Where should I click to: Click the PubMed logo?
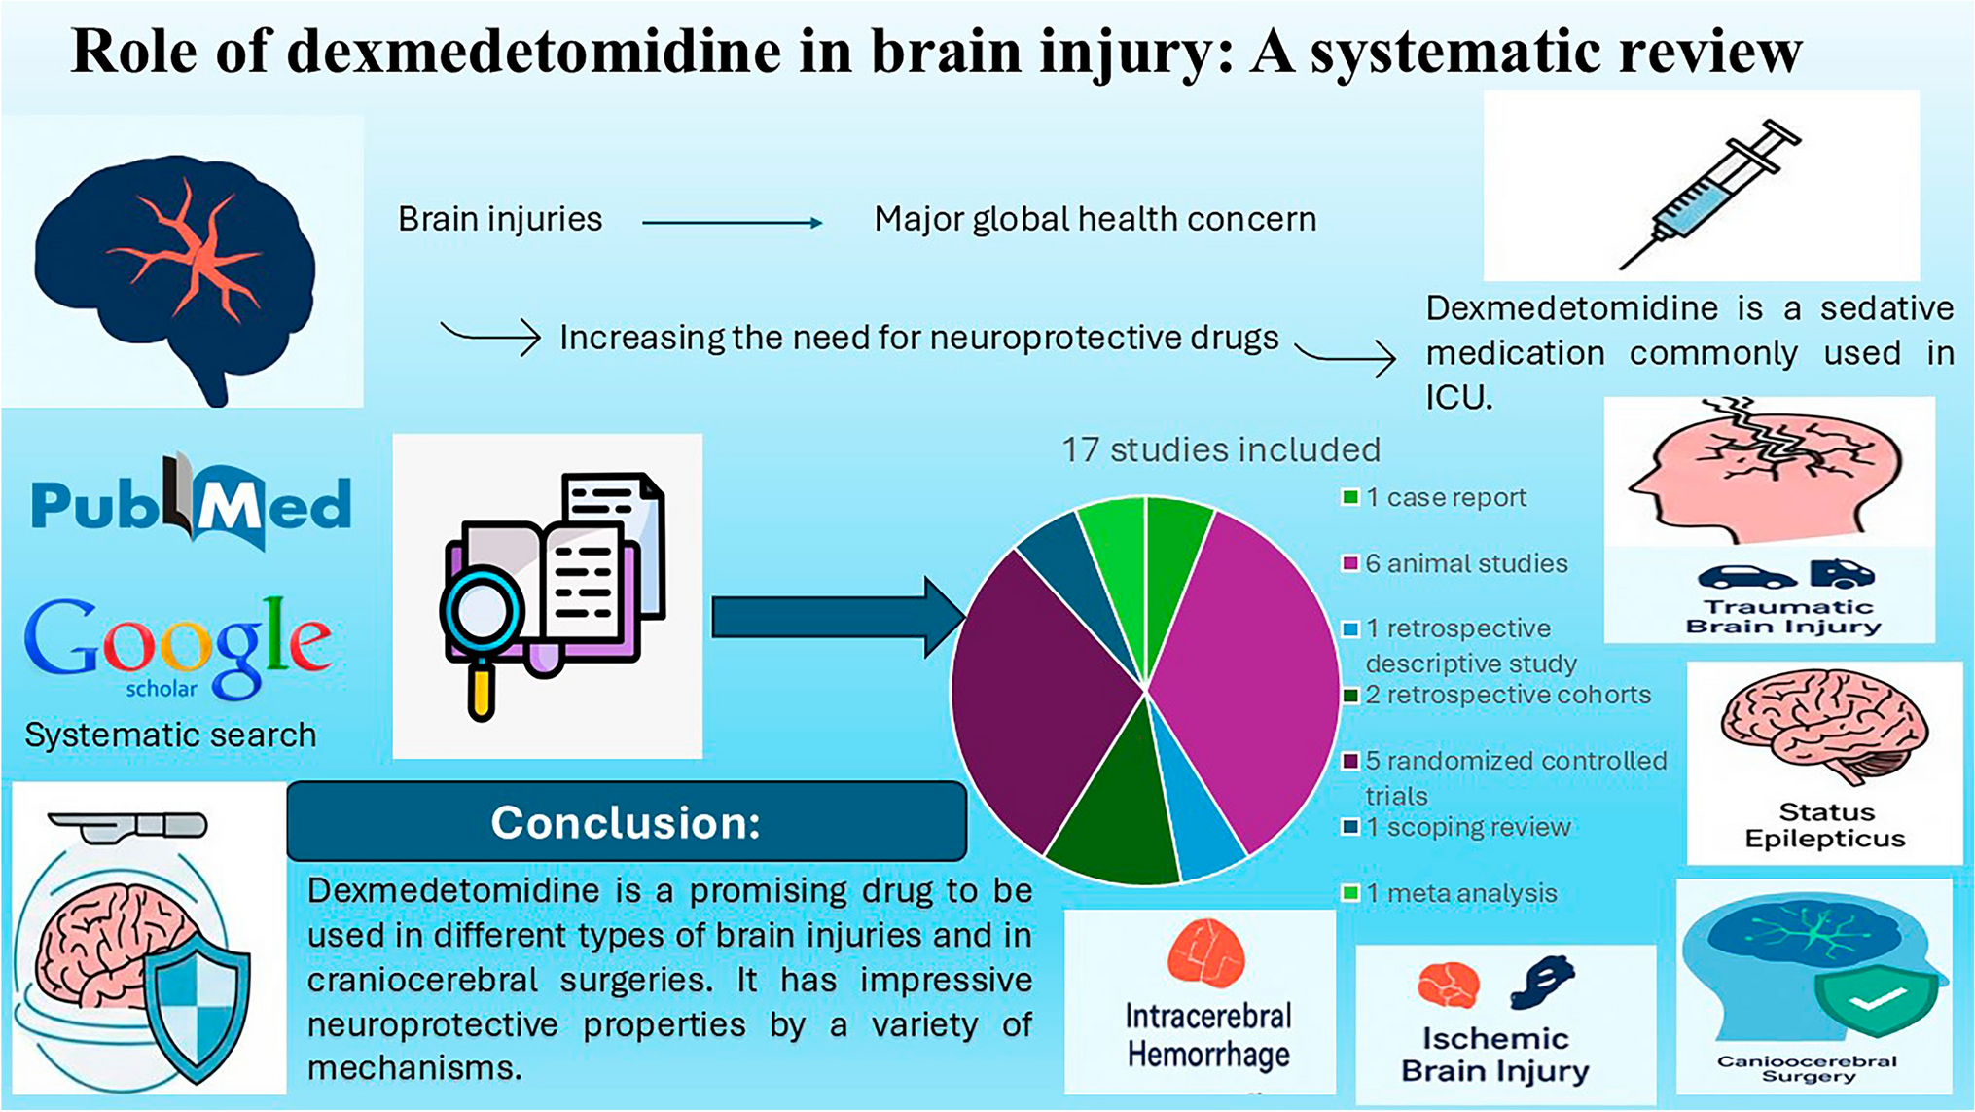pyautogui.click(x=191, y=503)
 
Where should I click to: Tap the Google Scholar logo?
pyautogui.click(x=178, y=644)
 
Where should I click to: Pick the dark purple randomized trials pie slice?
pyautogui.click(x=1031, y=691)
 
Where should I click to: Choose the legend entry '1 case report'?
pyautogui.click(x=1445, y=498)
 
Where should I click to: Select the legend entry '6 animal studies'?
pyautogui.click(x=1465, y=563)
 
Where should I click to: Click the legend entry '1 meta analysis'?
pyautogui.click(x=1459, y=893)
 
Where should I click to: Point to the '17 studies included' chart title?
pyautogui.click(x=1220, y=449)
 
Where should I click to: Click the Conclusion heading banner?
pyautogui.click(x=627, y=822)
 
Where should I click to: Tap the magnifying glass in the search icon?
pyautogui.click(x=482, y=613)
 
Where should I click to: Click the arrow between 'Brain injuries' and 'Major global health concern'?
pyautogui.click(x=732, y=223)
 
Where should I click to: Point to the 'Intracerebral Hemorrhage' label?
pyautogui.click(x=1208, y=1035)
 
